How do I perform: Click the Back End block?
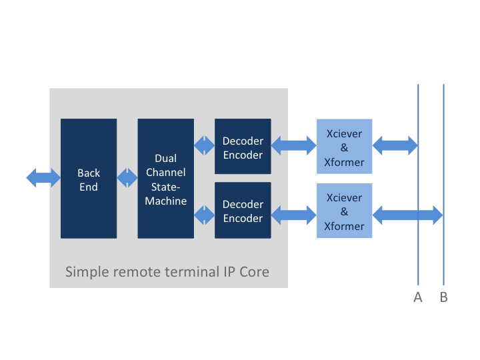[89, 178]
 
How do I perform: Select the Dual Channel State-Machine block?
[165, 178]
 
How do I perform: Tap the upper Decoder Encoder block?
[243, 147]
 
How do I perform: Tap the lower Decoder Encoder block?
[243, 211]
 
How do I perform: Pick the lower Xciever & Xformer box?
[344, 211]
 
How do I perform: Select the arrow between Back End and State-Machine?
[127, 178]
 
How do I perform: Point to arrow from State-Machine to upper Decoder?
[204, 143]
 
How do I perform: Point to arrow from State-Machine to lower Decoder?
[204, 214]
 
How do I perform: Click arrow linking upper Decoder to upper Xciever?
[293, 143]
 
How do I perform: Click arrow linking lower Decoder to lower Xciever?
[293, 214]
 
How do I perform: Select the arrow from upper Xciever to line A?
[395, 143]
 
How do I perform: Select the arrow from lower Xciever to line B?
[407, 214]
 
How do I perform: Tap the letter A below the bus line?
[418, 297]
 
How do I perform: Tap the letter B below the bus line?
[443, 297]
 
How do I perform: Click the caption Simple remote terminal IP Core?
[167, 272]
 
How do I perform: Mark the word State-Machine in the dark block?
[165, 194]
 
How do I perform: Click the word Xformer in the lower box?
[344, 226]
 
